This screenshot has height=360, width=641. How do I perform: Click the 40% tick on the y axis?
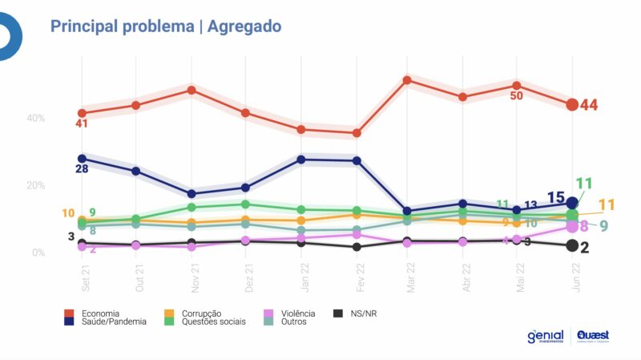36,118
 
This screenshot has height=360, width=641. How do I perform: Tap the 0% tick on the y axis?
38,253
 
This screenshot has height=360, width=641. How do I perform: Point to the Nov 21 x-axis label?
191,280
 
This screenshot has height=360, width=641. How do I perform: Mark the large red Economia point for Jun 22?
572,104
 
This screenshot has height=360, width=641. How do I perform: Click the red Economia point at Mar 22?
407,80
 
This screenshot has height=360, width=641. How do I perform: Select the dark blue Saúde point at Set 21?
82,158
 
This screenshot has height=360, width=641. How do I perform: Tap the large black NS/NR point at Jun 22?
572,245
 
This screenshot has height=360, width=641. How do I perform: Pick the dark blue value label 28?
82,169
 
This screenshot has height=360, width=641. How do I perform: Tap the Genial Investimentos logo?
545,336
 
